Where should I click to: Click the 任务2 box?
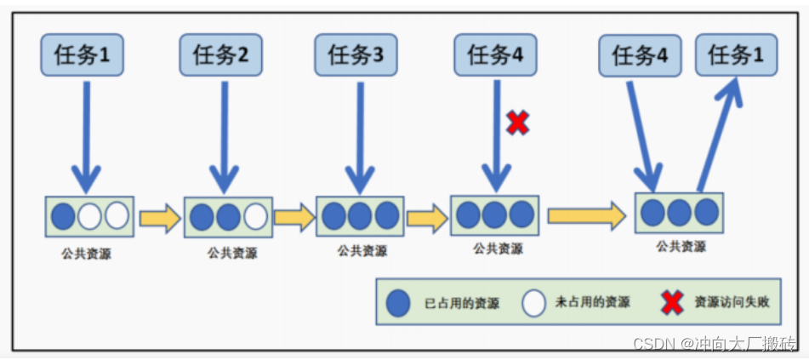(220, 56)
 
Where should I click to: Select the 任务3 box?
(355, 56)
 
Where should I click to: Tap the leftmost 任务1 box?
(83, 56)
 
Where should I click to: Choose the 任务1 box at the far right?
(735, 56)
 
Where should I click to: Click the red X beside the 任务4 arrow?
(517, 123)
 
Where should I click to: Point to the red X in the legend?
(672, 302)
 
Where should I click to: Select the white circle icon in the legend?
(534, 303)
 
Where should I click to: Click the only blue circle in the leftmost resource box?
(63, 216)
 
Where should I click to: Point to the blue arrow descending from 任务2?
(224, 136)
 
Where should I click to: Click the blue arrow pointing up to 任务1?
(721, 136)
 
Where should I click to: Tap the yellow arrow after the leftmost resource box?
(160, 218)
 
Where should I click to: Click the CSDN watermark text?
(715, 343)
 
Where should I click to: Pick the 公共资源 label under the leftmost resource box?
(85, 254)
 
